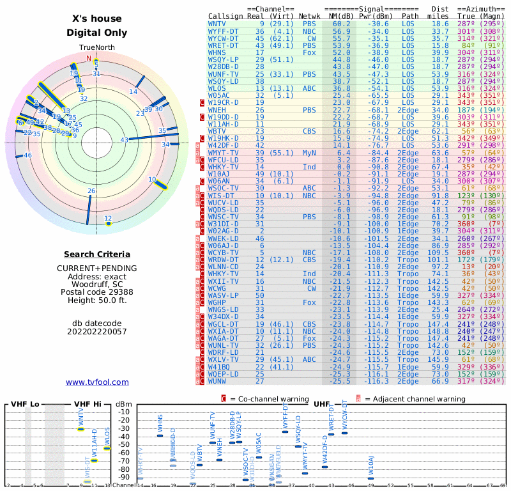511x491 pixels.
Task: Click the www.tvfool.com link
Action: coord(97,382)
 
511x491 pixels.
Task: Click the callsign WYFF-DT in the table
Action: coord(223,31)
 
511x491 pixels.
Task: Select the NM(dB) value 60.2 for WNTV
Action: coord(340,24)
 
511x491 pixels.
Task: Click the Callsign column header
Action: coord(225,16)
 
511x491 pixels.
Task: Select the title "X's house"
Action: coord(97,19)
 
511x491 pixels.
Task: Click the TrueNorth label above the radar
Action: coord(96,48)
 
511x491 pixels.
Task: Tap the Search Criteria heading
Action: coord(97,254)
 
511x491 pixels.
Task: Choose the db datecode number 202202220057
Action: coord(96,331)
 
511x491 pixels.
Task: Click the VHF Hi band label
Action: coord(87,404)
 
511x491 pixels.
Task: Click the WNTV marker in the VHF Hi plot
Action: coord(80,429)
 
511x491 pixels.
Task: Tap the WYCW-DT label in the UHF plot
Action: coord(344,414)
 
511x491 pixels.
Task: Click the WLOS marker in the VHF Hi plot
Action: coord(107,448)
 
